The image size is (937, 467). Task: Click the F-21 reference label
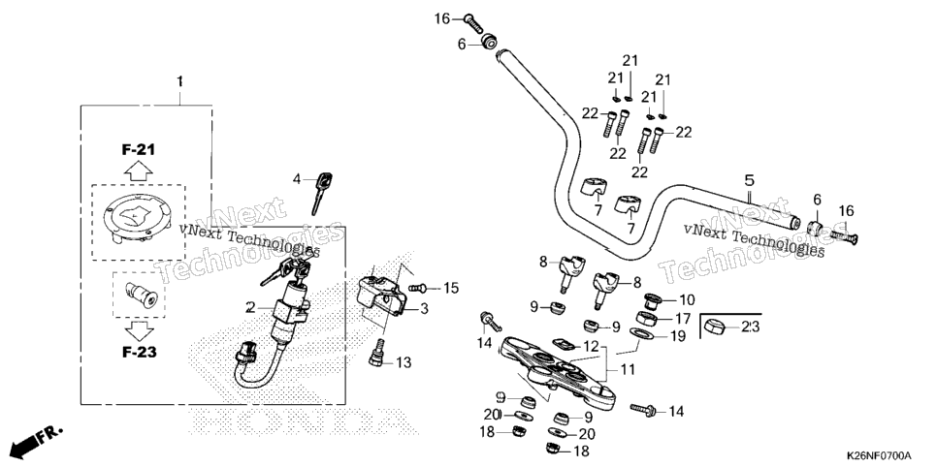[139, 149]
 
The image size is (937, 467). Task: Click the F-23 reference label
[140, 353]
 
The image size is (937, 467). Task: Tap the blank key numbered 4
[321, 192]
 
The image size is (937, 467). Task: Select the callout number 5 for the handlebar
[750, 180]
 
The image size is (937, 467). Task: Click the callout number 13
[404, 362]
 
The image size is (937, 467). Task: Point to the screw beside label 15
[417, 288]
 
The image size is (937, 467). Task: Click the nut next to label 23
[715, 327]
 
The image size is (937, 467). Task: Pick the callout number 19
[677, 336]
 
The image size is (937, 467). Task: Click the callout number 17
[683, 319]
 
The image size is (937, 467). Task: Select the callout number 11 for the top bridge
[628, 370]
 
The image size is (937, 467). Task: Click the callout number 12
[591, 346]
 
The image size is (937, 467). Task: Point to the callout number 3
[424, 309]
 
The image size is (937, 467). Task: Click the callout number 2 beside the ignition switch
[250, 307]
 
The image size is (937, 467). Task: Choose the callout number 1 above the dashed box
[179, 81]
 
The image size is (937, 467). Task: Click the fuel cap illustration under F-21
[138, 220]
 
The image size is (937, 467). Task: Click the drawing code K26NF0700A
[879, 455]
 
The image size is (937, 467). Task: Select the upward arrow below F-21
[139, 172]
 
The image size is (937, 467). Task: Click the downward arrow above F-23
[139, 330]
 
